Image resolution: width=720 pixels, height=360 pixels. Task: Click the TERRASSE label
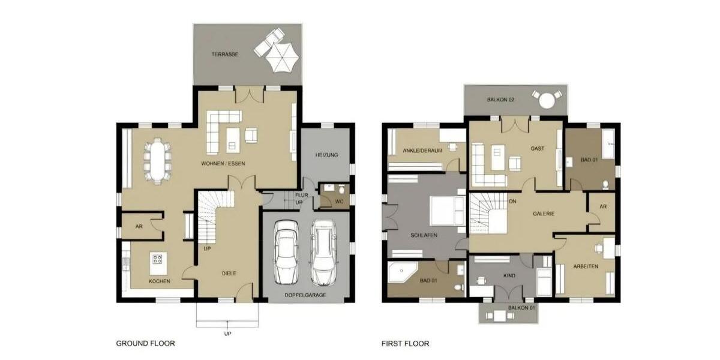click(225, 54)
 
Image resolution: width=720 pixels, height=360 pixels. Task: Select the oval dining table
click(157, 160)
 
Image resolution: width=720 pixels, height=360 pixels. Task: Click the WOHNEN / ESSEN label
click(223, 164)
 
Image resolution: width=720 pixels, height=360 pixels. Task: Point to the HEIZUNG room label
click(327, 155)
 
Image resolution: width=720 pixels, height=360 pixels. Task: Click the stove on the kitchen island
click(158, 259)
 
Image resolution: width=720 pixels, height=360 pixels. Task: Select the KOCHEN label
click(160, 281)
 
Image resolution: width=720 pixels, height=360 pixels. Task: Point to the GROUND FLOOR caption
click(145, 344)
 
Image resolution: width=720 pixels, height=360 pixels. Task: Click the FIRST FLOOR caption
click(406, 344)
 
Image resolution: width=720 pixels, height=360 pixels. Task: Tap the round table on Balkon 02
click(547, 99)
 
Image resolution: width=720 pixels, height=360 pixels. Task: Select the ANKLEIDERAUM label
click(422, 151)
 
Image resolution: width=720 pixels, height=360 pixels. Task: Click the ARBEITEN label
click(585, 266)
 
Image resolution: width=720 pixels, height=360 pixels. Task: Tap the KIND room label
click(509, 275)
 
